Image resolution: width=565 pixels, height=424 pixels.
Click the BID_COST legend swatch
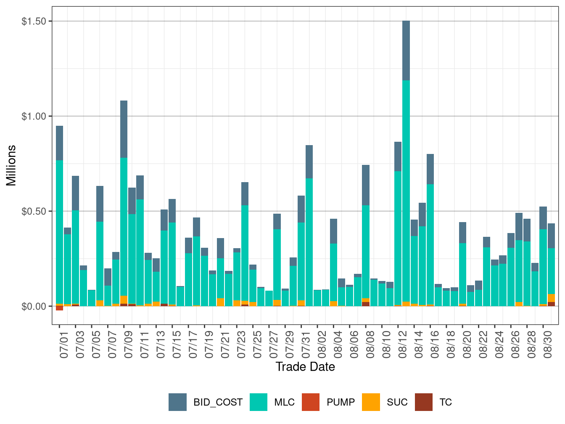[177, 402]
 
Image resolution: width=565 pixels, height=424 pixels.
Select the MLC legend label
[284, 402]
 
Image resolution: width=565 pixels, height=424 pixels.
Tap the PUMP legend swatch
[311, 402]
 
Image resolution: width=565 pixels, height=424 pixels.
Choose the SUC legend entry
[397, 402]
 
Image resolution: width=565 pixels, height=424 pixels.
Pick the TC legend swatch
[423, 402]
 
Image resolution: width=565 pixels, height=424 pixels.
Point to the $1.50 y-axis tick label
[34, 21]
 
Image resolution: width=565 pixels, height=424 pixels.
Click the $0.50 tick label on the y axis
[34, 211]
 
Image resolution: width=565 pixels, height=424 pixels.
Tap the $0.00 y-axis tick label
[34, 306]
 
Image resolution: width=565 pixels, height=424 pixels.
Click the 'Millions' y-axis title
[11, 165]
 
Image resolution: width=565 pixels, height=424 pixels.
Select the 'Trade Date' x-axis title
[305, 367]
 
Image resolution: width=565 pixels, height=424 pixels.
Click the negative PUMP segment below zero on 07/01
[59, 308]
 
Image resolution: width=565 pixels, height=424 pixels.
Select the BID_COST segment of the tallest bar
[406, 50]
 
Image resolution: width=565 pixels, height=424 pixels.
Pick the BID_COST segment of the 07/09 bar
[124, 129]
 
